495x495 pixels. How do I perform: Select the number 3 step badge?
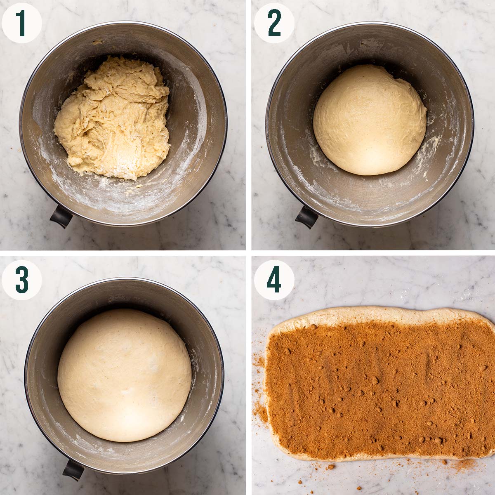click(22, 280)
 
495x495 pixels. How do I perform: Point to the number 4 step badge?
click(274, 280)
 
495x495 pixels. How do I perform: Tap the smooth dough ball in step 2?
click(369, 120)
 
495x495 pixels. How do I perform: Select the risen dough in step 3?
click(124, 375)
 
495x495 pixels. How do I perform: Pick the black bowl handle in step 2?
click(306, 217)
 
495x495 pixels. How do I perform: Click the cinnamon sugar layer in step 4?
click(379, 388)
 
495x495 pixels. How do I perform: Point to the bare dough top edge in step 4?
click(371, 313)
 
